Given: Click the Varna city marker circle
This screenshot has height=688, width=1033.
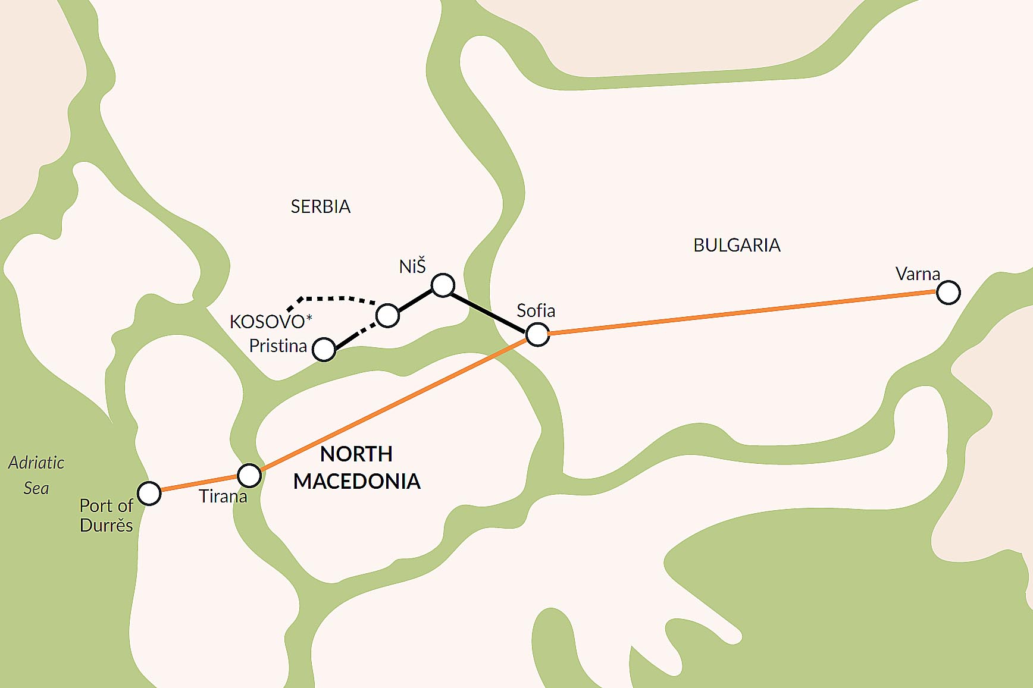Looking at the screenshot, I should tap(948, 293).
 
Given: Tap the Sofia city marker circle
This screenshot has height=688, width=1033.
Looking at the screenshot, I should tap(537, 335).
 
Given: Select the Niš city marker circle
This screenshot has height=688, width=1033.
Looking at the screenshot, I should tap(443, 285).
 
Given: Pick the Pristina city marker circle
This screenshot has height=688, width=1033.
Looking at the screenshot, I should tap(324, 350).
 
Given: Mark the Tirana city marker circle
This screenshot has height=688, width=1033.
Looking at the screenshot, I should tap(249, 475).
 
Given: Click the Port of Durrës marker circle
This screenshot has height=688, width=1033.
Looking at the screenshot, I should tap(149, 493).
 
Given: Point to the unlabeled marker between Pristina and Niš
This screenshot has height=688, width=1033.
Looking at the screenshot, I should tap(387, 316).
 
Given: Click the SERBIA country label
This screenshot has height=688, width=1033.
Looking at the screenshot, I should tap(320, 207).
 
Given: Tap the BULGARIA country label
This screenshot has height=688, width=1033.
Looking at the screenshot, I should tap(737, 246).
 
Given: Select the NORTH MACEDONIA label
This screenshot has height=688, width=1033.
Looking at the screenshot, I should tap(356, 468).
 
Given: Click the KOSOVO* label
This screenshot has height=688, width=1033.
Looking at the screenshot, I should tap(270, 322).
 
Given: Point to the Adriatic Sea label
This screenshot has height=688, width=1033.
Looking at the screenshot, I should tap(36, 475).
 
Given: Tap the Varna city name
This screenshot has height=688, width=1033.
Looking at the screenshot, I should tap(918, 274).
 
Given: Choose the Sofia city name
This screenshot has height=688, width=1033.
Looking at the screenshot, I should tap(536, 310).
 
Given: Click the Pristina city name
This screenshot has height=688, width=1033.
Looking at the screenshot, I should tap(278, 346).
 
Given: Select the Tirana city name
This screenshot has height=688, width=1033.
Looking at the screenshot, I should tap(223, 497).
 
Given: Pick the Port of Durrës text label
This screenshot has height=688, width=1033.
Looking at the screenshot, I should tap(107, 515).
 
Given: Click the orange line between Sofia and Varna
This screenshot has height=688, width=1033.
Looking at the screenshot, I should tap(744, 313).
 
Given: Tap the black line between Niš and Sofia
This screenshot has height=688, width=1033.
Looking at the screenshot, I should tap(489, 310).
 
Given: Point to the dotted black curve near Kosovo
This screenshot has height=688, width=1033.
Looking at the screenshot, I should tap(333, 298).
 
